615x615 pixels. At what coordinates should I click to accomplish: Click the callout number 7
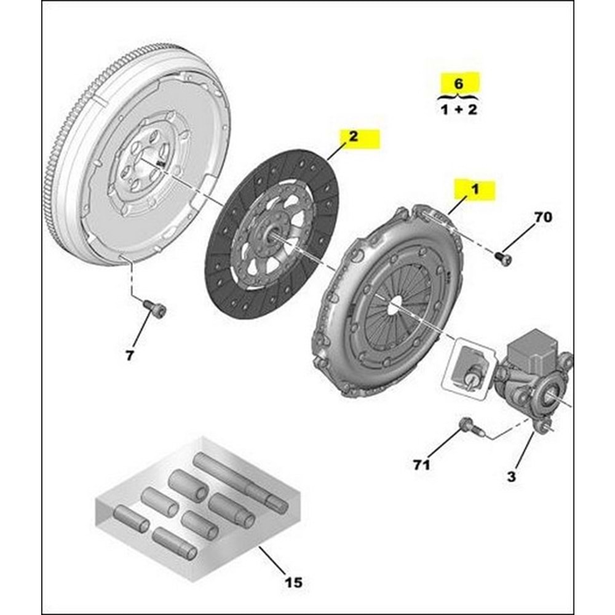click(x=130, y=355)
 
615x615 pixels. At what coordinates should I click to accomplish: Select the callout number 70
click(x=543, y=217)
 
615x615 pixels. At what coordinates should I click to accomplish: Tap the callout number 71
click(x=422, y=465)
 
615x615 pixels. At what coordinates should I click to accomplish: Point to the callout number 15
click(x=293, y=582)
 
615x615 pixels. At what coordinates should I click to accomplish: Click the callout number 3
click(x=512, y=477)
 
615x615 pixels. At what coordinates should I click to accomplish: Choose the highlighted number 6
click(x=458, y=83)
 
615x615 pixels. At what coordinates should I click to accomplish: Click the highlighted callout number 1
click(x=475, y=189)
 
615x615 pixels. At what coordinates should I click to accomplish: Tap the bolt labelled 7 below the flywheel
click(x=154, y=309)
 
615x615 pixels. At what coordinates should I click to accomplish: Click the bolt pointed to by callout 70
click(x=504, y=259)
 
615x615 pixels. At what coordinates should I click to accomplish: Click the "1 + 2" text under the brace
click(x=459, y=109)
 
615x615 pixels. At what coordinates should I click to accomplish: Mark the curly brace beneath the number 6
click(x=458, y=96)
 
